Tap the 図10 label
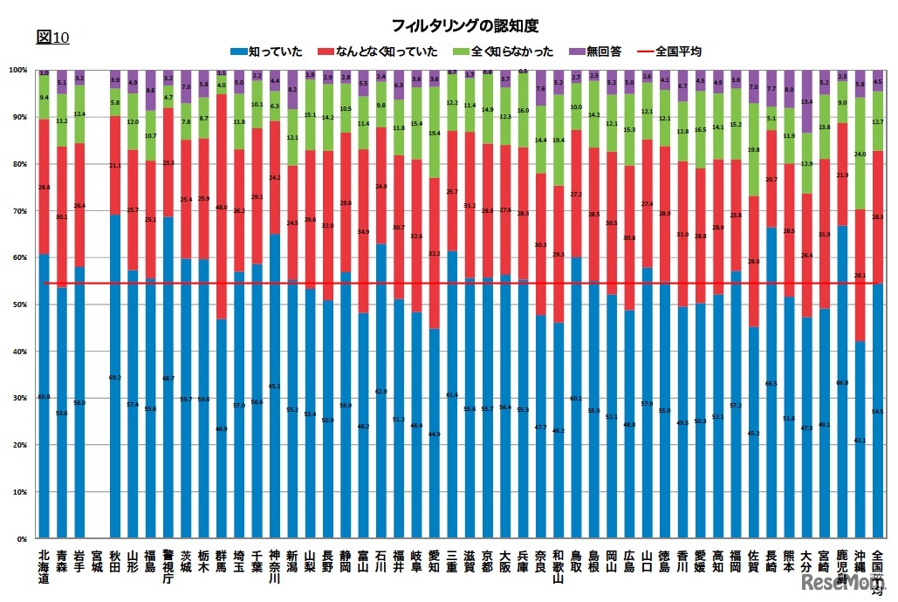52,37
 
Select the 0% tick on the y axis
18,539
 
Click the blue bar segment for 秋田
115,375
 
